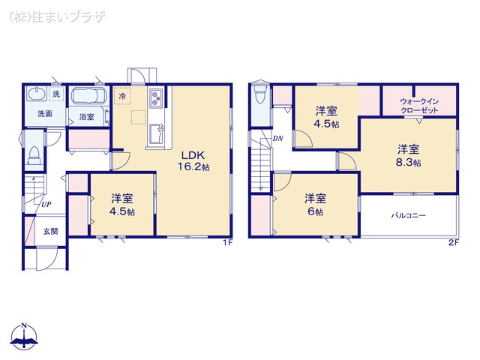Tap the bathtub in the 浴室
coord(90,97)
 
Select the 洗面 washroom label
coord(45,114)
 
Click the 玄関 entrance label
coord(50,231)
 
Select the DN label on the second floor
coord(277,138)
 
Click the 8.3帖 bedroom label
coord(409,155)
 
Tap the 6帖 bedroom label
coord(315,205)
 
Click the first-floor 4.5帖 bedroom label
coord(123,205)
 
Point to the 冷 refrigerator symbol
coord(122,96)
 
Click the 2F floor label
coord(453,242)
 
